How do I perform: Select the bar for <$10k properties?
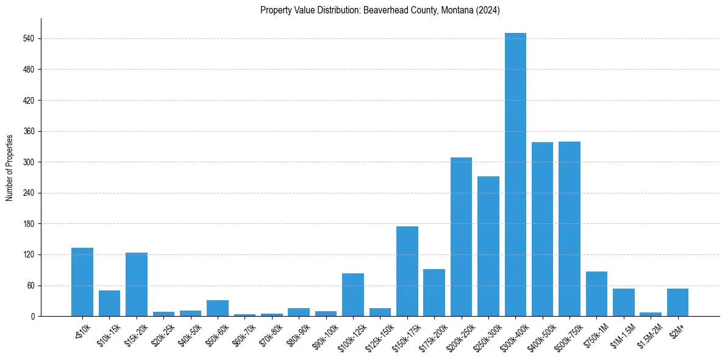tap(82, 282)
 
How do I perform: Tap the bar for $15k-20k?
tap(137, 284)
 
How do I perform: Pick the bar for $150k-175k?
tap(407, 272)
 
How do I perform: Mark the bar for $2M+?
tap(677, 303)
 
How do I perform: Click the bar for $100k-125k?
tap(353, 295)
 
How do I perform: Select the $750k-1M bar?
tap(596, 294)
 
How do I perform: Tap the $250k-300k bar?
tap(488, 247)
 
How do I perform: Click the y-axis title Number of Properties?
tap(9, 168)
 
